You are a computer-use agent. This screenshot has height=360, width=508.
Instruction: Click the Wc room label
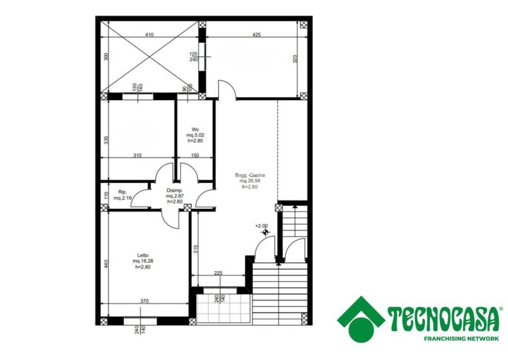point(195,130)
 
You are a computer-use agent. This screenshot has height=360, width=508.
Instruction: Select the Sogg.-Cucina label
point(250,175)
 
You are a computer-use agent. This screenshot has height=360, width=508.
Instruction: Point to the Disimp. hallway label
point(175,190)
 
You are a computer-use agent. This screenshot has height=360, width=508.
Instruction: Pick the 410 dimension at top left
point(149,35)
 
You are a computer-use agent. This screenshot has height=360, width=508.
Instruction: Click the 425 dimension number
point(256,35)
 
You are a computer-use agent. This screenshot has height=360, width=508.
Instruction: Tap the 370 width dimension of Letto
point(144,301)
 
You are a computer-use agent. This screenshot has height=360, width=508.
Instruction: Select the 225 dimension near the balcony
point(218,273)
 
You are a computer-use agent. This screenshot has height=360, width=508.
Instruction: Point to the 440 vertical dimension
point(106,263)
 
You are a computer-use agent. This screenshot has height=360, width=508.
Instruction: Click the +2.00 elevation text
point(261,226)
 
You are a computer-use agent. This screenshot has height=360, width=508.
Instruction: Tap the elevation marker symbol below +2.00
point(266,232)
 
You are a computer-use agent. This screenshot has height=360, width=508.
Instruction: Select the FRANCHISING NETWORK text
point(461,339)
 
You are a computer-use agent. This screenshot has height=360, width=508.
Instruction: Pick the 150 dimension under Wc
point(194,155)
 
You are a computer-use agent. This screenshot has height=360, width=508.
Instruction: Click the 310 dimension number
point(137,155)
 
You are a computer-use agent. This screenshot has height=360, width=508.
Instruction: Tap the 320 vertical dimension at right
point(295,59)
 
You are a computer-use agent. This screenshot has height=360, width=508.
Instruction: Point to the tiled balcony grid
point(224,308)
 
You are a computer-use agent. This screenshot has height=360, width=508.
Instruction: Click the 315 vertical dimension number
point(195,249)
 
